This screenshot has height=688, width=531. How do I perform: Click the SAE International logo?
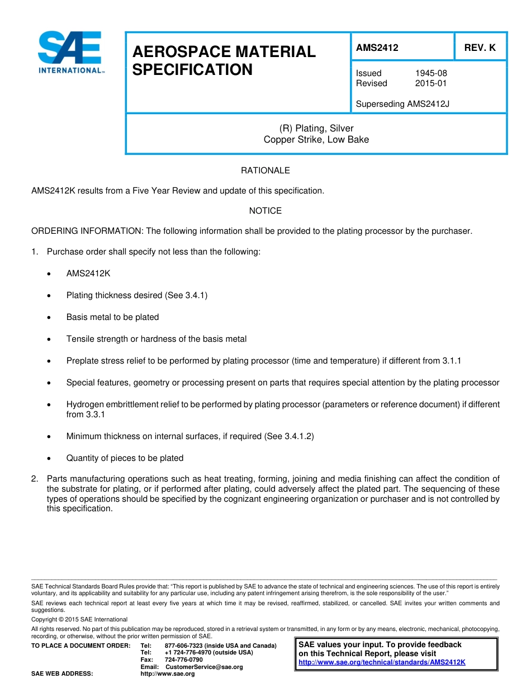[70, 52]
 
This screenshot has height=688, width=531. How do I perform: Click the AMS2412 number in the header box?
[377, 48]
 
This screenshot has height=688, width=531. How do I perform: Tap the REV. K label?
[480, 48]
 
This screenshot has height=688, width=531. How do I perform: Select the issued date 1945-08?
[431, 73]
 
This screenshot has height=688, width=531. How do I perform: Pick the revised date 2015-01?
[431, 83]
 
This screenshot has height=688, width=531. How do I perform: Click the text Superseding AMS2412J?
[402, 103]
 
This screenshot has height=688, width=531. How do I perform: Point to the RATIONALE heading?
[265, 171]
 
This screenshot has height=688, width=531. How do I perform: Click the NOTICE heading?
[265, 211]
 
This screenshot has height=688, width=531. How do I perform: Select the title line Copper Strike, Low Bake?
[316, 140]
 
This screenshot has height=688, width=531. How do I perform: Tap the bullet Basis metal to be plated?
[112, 317]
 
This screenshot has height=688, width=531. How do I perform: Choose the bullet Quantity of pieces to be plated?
[125, 458]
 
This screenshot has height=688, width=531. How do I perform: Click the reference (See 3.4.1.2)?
[288, 436]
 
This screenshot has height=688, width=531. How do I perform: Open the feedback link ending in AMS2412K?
[382, 662]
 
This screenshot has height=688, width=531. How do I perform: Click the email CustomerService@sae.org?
[204, 667]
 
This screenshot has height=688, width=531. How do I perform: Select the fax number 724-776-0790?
[184, 660]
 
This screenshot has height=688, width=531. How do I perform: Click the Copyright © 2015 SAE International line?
[79, 619]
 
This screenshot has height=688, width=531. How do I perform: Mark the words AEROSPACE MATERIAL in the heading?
[224, 52]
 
